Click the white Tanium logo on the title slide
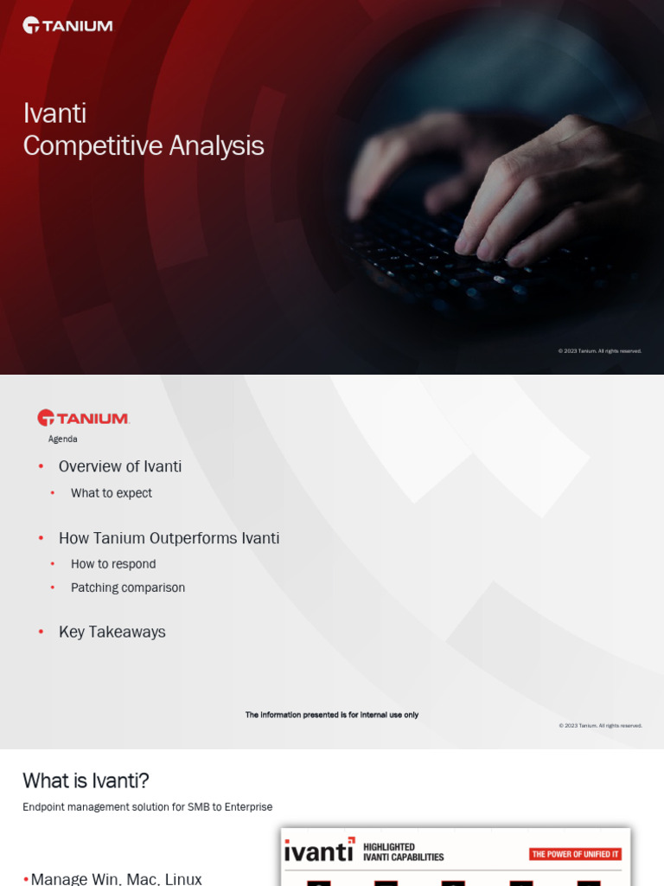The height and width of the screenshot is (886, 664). point(67,25)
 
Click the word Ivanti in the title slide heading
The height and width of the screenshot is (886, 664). point(54,113)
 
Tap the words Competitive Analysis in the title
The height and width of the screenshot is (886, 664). point(144,146)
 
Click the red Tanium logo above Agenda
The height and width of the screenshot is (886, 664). point(83,418)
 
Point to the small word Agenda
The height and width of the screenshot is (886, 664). point(62,439)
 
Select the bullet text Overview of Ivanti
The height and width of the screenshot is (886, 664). point(120,466)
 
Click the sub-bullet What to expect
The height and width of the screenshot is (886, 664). point(112,493)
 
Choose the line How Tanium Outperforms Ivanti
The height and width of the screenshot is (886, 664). point(169,538)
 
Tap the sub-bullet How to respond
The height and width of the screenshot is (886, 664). point(113,564)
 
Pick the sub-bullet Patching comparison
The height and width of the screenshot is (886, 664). point(128,587)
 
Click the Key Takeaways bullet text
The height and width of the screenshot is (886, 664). point(112,632)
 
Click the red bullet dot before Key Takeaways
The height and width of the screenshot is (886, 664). point(41,632)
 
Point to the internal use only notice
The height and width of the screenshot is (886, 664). point(332,715)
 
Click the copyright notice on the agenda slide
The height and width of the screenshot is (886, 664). point(600,726)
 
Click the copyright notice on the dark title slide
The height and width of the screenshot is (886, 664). point(600,351)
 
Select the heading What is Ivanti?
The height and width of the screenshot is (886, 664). point(86,780)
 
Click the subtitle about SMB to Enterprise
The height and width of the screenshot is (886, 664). point(147,807)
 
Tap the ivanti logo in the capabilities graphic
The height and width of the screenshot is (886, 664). point(319,851)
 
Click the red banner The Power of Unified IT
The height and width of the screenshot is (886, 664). point(575,854)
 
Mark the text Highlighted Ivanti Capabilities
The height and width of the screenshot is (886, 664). point(403,852)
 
